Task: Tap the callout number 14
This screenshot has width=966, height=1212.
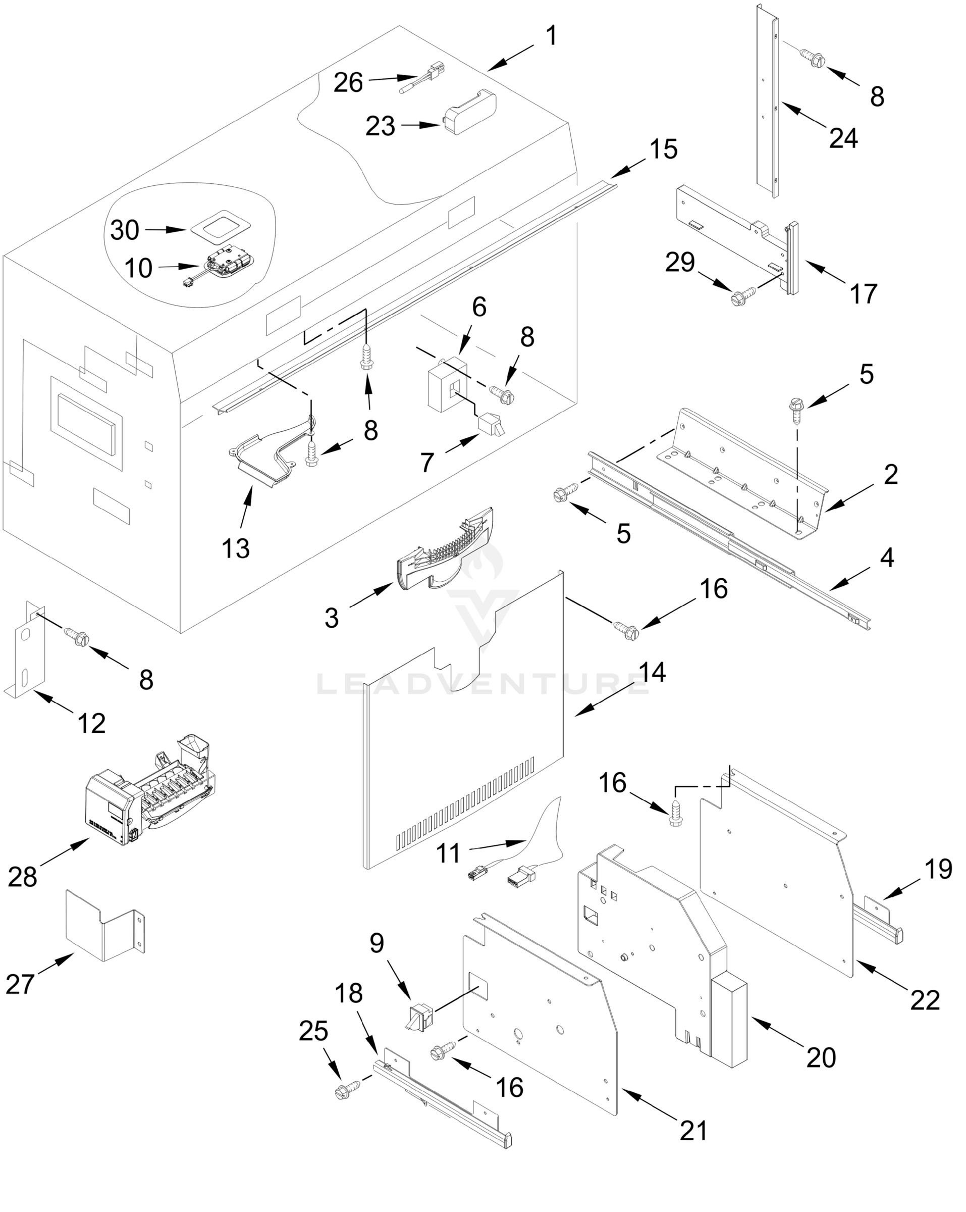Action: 652,673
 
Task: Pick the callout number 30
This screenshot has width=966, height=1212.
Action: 124,230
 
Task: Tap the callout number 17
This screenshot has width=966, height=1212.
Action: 864,294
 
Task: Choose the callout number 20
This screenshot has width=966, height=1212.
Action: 821,1057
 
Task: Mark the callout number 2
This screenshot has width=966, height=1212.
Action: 891,475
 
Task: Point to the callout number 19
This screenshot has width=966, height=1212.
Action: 938,869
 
